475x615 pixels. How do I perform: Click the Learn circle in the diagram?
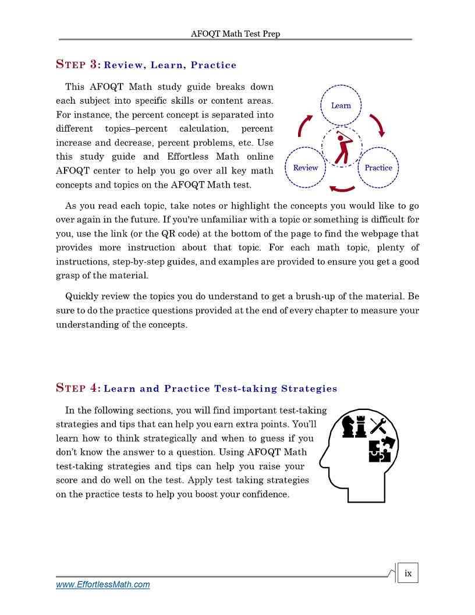coord(341,105)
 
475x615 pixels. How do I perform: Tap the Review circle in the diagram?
coord(306,168)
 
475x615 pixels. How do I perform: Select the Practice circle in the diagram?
coord(378,168)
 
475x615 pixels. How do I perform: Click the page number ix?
coord(408,573)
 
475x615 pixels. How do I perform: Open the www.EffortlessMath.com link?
coord(102,585)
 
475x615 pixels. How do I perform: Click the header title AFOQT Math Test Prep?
coord(235,34)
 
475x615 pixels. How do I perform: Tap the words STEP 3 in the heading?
coord(79,65)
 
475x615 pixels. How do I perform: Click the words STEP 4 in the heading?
coord(79,388)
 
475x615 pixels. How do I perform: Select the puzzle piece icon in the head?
coord(382,450)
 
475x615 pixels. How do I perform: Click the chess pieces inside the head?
coord(354,427)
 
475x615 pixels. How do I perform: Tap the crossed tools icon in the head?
coord(379,426)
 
